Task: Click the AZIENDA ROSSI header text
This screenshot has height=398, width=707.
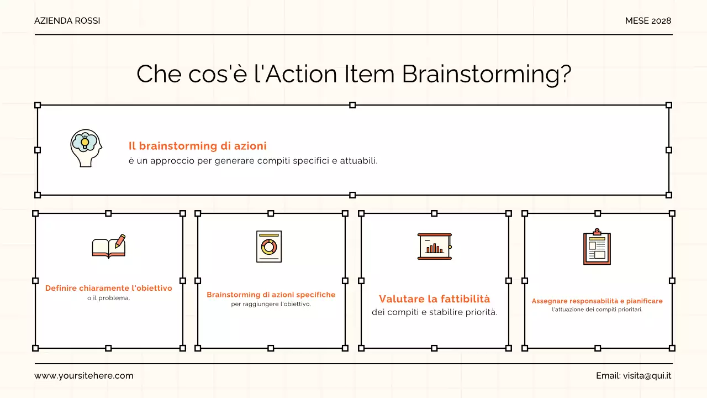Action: tap(67, 21)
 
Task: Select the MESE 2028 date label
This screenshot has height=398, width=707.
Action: tap(648, 21)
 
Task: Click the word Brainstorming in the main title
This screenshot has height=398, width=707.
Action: tap(486, 74)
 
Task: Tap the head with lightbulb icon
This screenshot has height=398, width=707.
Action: tap(86, 148)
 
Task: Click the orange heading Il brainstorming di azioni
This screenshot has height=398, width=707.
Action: tap(197, 146)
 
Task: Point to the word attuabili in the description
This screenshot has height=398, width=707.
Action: tap(358, 161)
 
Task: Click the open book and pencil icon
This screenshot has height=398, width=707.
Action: tap(109, 247)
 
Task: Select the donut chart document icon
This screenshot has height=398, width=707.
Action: tap(269, 247)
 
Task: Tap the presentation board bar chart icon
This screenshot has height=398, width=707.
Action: tap(435, 247)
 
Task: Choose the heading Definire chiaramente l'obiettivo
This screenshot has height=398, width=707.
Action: tap(109, 288)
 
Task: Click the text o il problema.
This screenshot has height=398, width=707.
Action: tap(109, 298)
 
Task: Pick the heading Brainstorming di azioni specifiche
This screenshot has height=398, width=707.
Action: tap(271, 295)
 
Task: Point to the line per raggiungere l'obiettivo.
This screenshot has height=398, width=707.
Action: tap(271, 304)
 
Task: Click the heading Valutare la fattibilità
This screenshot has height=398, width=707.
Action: tap(435, 299)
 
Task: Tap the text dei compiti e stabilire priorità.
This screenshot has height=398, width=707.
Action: tap(435, 312)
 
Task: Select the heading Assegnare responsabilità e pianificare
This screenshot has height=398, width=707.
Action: tap(597, 301)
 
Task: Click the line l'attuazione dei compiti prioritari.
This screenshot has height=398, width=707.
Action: tap(597, 310)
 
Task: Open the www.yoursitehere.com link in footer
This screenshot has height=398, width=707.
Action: tap(84, 376)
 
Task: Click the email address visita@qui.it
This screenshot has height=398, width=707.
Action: tap(647, 376)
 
